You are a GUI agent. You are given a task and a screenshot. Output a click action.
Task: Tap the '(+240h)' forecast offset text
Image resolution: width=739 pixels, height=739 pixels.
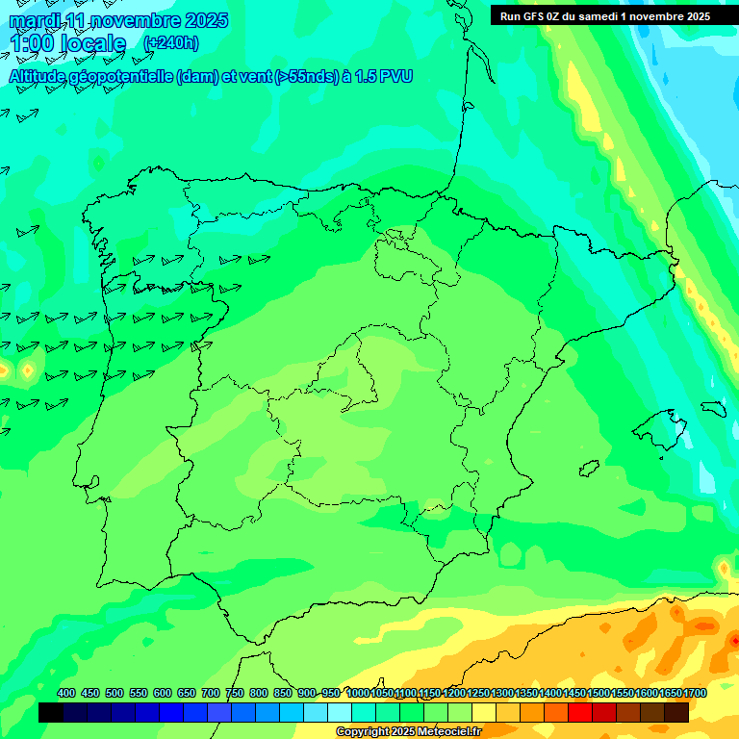pyautogui.click(x=171, y=42)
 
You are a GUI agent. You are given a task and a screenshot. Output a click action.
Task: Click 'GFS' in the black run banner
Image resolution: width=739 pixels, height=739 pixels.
pyautogui.click(x=539, y=16)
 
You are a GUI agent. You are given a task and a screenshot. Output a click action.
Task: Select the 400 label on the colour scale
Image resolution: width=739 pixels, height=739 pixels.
pyautogui.click(x=66, y=693)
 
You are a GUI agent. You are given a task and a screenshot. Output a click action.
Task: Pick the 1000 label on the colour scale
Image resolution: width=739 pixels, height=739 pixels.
pyautogui.click(x=358, y=693)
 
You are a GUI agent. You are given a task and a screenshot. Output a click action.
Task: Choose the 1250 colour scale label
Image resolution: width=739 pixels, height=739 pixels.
pyautogui.click(x=478, y=693)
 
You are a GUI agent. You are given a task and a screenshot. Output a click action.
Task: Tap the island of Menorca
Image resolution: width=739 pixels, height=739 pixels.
pyautogui.click(x=713, y=408)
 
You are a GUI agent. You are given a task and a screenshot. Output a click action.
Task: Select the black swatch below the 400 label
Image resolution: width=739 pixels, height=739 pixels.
pyautogui.click(x=51, y=712)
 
